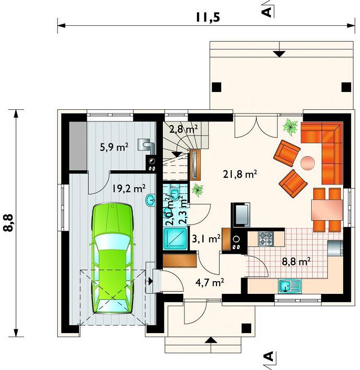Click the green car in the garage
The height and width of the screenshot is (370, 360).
[x=112, y=258]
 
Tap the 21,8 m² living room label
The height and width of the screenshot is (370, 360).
[x=240, y=174]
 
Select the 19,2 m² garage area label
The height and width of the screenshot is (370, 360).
[x=129, y=188]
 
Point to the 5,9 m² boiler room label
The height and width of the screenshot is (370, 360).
[x=114, y=147]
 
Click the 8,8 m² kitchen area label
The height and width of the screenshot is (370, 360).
[x=296, y=261]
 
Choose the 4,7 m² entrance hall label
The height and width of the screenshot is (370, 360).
[x=210, y=282]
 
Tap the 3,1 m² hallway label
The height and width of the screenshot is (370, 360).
[x=207, y=239]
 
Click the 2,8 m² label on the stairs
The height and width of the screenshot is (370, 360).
[x=183, y=129]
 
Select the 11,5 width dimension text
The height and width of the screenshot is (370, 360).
[x=208, y=17]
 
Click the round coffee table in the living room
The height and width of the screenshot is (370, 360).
[x=307, y=163]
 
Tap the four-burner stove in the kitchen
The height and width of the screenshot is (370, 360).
[x=266, y=239]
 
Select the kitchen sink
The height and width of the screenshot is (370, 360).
[x=290, y=286]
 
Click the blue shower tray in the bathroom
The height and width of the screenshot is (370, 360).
[x=176, y=239]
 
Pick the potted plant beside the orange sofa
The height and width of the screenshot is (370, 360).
[x=291, y=127]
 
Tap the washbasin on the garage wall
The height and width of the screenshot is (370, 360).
[x=150, y=200]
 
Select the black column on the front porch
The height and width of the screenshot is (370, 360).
[x=246, y=328]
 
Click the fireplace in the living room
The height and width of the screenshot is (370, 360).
[x=241, y=215]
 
